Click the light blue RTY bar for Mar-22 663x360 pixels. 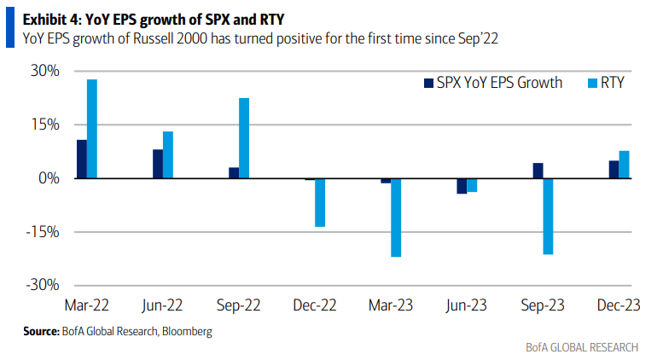tap(92, 129)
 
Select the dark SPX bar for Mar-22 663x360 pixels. tap(82, 159)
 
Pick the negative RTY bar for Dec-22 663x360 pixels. tap(320, 202)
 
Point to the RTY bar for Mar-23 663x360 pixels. tap(396, 218)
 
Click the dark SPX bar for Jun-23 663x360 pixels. tap(462, 186)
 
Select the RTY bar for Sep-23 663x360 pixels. tap(548, 216)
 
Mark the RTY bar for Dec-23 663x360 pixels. tap(624, 165)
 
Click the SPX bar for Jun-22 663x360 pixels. tap(158, 164)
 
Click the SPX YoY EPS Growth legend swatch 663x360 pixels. tap(429, 84)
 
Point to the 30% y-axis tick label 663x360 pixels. tap(44, 71)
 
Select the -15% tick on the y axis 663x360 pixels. tap(42, 232)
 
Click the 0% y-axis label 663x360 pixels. tap(48, 178)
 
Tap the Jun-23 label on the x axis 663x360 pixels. tap(466, 304)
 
